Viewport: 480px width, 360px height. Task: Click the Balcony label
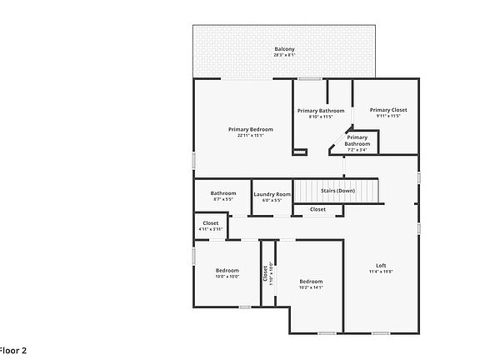point(285,49)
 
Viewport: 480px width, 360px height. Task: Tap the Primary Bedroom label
point(251,129)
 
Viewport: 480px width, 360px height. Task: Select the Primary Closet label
point(388,110)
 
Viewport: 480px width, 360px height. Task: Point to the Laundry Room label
point(272,194)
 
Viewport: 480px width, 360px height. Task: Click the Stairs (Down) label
point(337,191)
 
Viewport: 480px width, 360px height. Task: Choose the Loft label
point(381,265)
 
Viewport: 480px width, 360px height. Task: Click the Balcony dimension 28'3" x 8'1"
point(285,55)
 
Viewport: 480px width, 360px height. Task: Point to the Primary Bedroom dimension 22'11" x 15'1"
point(251,135)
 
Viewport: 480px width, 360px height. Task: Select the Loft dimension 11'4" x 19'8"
point(381,271)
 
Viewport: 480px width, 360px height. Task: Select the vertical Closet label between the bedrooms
point(266,272)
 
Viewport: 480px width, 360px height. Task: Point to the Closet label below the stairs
point(317,209)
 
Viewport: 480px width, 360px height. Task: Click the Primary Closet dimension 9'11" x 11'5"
point(388,116)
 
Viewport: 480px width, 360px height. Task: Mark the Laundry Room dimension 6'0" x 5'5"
point(272,200)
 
